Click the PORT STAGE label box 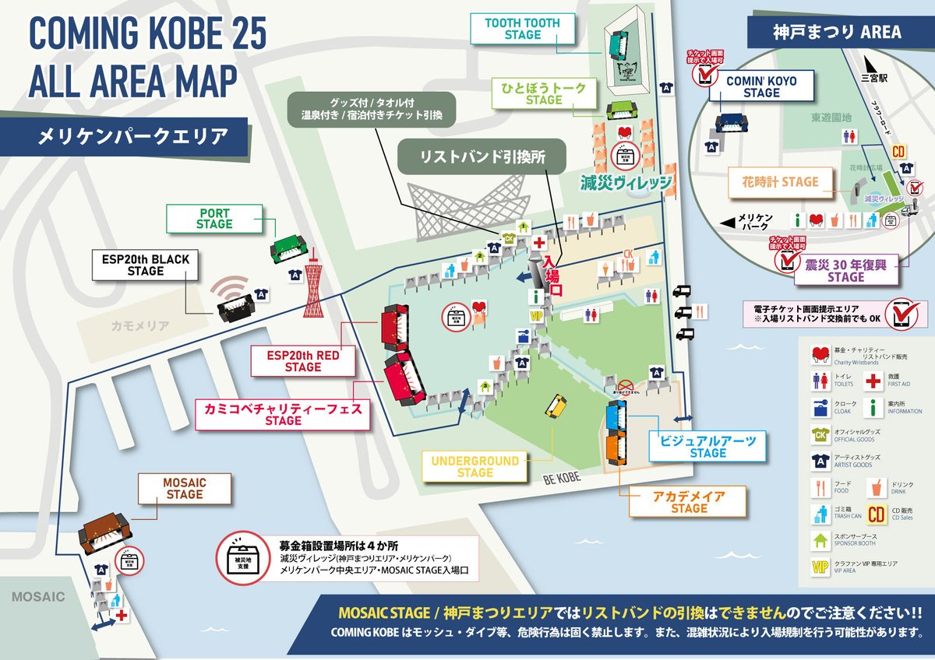(x=214, y=219)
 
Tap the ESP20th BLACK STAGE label (x=146, y=265)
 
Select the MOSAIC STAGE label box (x=184, y=489)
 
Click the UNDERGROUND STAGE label (x=475, y=466)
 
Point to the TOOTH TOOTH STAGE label (x=522, y=29)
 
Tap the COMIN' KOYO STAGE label (x=761, y=86)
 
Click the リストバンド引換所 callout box (x=482, y=156)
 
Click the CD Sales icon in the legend (x=876, y=513)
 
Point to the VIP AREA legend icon (x=820, y=567)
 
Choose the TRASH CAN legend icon (x=820, y=513)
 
